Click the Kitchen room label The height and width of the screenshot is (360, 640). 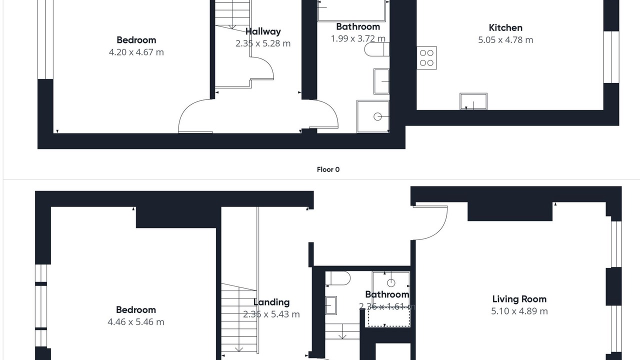[x=505, y=27]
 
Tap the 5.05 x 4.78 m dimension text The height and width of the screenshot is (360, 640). [x=505, y=39]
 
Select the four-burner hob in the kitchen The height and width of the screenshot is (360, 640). [x=426, y=57]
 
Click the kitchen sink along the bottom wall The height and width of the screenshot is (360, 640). [x=473, y=101]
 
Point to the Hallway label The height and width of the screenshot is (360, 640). [x=263, y=31]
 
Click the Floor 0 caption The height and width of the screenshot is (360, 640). [x=328, y=169]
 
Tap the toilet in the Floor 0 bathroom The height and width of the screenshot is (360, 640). [x=377, y=49]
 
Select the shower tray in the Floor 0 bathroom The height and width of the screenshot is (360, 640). [x=373, y=116]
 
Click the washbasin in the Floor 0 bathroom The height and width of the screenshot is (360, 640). [x=381, y=81]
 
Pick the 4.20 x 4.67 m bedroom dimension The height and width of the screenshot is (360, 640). [x=136, y=52]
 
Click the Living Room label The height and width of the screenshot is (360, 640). [x=519, y=299]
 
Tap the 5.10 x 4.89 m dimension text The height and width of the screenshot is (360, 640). [x=519, y=311]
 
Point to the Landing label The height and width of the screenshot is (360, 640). [x=271, y=302]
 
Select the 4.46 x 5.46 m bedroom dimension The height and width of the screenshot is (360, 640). [x=136, y=322]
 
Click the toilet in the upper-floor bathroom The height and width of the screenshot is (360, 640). [x=338, y=278]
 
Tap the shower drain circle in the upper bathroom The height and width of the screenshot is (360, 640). [x=391, y=283]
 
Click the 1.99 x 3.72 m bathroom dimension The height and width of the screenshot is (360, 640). [x=358, y=38]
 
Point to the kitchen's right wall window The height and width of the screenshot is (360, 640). [x=611, y=57]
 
